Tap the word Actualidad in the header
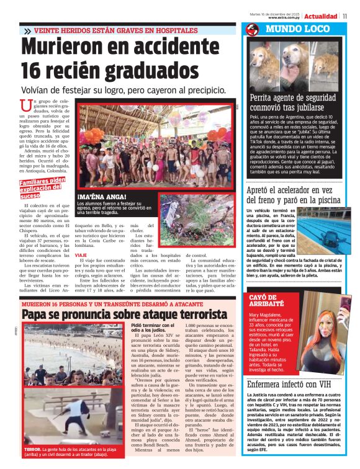321,16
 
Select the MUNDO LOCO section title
291,29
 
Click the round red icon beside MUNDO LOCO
252,29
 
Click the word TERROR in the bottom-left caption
32,448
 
